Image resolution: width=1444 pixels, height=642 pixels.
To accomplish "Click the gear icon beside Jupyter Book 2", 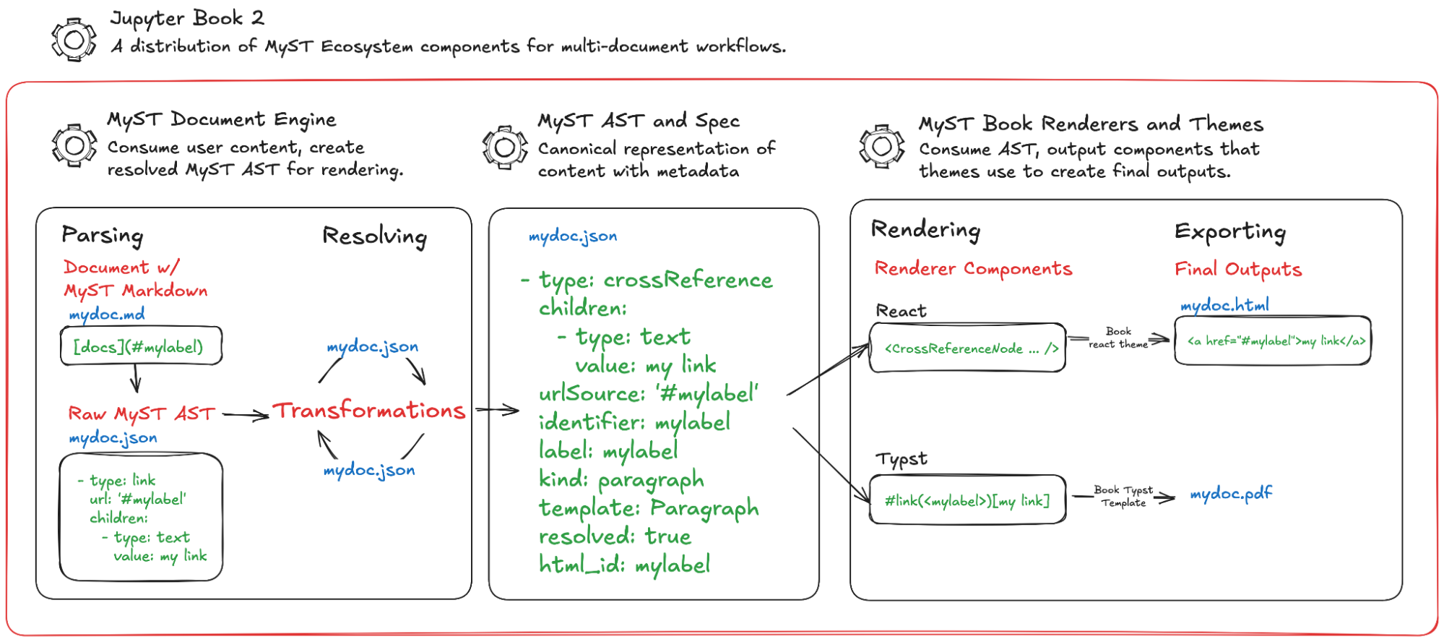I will click(74, 40).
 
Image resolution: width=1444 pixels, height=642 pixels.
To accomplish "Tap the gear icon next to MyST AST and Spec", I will click(505, 148).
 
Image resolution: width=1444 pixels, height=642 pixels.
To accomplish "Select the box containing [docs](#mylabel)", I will click(141, 346).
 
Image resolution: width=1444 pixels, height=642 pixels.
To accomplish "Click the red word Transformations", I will click(369, 411).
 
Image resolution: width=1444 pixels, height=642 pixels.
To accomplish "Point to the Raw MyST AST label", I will click(142, 414).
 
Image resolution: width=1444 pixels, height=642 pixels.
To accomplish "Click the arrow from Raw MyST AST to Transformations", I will click(246, 415).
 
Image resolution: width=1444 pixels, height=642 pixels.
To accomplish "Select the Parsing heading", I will click(103, 235).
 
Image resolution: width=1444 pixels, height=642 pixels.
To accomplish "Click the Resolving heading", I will click(374, 236).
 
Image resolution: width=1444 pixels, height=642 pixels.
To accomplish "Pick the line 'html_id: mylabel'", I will click(625, 565).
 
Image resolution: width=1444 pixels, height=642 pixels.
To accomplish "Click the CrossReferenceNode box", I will click(967, 348).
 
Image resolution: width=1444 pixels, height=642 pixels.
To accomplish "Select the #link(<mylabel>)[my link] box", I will click(967, 500).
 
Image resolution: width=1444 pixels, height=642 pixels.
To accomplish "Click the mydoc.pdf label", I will click(1231, 494).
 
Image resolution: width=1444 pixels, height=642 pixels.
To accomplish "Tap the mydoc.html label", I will click(1224, 305).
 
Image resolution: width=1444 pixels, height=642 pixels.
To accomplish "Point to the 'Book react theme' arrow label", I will click(1118, 338).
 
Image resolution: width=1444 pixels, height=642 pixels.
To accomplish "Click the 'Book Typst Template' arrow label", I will click(1123, 496).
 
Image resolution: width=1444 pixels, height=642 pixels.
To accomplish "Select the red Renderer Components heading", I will click(973, 269).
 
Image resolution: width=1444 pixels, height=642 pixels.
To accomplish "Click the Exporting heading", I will click(1230, 231).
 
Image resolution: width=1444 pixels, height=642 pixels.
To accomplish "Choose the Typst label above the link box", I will click(902, 459).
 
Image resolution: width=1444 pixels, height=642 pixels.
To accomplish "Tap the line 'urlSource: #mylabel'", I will click(649, 394).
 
